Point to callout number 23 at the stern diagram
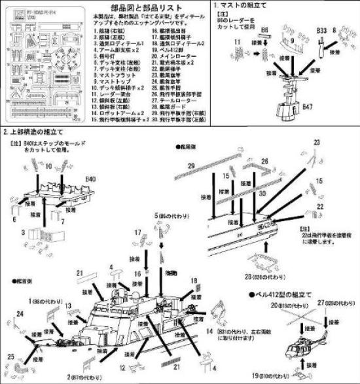tap(335, 141)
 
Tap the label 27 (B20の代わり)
tap(334, 303)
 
